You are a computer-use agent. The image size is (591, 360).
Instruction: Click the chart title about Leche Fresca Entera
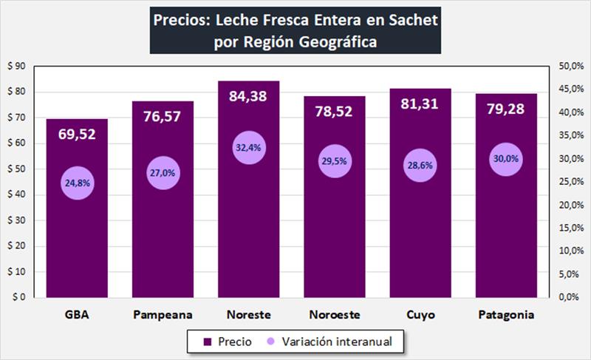tap(295, 30)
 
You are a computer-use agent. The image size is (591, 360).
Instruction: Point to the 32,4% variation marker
tap(248, 148)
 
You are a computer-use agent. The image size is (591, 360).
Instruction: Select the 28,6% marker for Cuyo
tap(420, 166)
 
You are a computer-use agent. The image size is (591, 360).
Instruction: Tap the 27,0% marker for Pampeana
tap(163, 173)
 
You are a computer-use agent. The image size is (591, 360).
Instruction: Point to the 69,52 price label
tap(77, 134)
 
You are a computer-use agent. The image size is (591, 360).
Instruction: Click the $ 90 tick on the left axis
tap(16, 67)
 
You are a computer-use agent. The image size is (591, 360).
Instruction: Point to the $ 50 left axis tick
tap(16, 169)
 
